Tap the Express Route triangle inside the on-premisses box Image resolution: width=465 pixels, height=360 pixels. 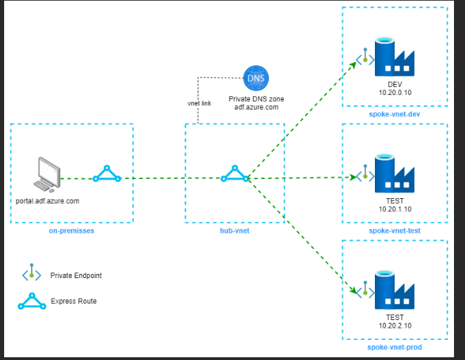[x=107, y=173]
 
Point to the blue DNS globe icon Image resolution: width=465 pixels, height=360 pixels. [x=256, y=78]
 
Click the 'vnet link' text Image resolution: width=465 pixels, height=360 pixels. [x=199, y=103]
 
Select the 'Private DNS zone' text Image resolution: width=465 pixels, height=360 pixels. [x=256, y=99]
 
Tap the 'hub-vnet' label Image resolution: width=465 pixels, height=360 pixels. [x=234, y=231]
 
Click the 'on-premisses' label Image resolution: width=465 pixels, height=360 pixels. [x=72, y=231]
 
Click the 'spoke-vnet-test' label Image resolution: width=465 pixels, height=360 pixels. [x=394, y=230]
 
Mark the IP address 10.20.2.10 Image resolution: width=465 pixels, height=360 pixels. [x=394, y=326]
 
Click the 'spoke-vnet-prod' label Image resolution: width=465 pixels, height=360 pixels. [x=394, y=347]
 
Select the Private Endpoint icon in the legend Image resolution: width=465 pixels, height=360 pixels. [x=31, y=275]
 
